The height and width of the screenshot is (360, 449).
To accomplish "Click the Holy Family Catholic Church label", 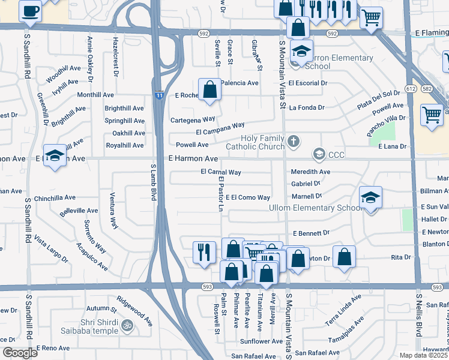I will pyautogui.click(x=255, y=142).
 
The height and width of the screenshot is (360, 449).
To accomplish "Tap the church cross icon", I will pyautogui.click(x=293, y=142).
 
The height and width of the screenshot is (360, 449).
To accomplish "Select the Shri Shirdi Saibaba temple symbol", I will pyautogui.click(x=126, y=326).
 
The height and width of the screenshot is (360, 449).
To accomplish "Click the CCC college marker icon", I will pyautogui.click(x=318, y=155).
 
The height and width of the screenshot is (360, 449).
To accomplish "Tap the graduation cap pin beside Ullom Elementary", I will pyautogui.click(x=370, y=197).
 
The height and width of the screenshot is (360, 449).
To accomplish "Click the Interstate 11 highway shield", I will pyautogui.click(x=158, y=95).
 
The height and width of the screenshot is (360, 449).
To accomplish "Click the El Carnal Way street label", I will pyautogui.click(x=220, y=172).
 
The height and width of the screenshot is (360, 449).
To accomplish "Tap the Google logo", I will pyautogui.click(x=19, y=353).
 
